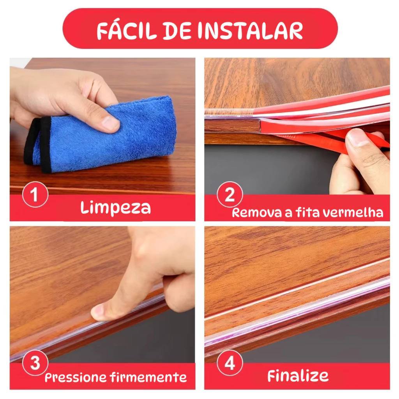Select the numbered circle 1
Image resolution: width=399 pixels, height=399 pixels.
pyautogui.click(x=35, y=195)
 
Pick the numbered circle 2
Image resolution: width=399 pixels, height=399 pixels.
pyautogui.click(x=230, y=195)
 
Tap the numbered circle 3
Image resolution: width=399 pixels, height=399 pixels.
pyautogui.click(x=35, y=363)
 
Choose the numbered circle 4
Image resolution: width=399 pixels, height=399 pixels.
pyautogui.click(x=230, y=363)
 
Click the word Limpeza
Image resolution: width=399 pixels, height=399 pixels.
pyautogui.click(x=115, y=208)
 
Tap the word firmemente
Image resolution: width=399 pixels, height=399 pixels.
pyautogui.click(x=149, y=377)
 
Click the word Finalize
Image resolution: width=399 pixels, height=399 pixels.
pyautogui.click(x=298, y=376)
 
